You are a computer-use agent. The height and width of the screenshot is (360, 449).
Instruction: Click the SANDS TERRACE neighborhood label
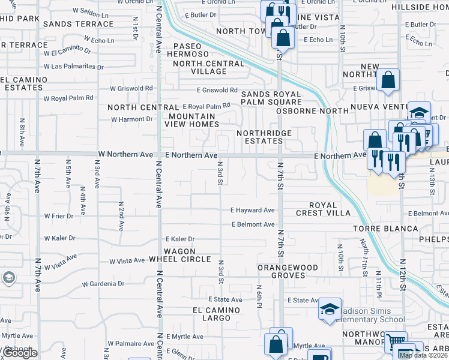(79, 24)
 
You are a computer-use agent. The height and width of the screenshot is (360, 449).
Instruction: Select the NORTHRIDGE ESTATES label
(264, 137)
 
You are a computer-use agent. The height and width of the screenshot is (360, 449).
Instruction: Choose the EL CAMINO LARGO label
(216, 314)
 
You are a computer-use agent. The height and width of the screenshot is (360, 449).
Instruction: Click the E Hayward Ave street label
(253, 211)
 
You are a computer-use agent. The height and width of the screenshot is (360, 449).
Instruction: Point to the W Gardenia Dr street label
(103, 283)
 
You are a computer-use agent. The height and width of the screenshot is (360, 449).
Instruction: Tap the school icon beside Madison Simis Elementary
(330, 308)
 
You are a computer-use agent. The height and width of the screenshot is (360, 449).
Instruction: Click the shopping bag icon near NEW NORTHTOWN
(388, 79)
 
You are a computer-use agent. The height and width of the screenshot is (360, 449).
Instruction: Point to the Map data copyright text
(423, 355)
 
